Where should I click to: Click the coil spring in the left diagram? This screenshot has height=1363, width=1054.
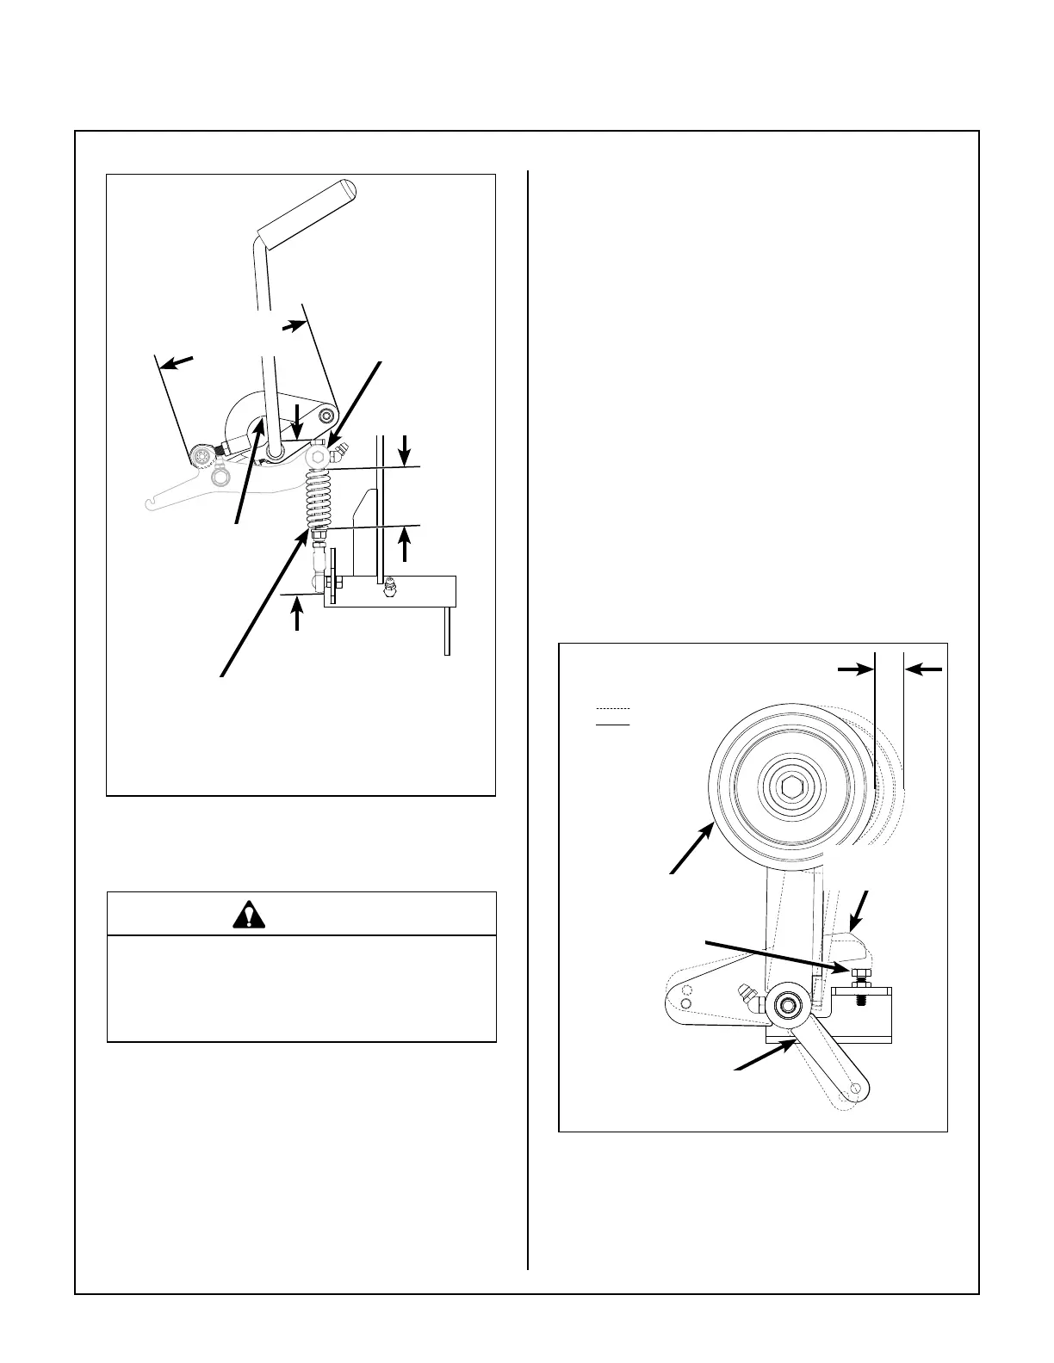pyautogui.click(x=318, y=498)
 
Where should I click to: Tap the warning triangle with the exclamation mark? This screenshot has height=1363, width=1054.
pyautogui.click(x=249, y=915)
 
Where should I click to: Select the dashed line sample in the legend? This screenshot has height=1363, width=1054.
pyautogui.click(x=613, y=708)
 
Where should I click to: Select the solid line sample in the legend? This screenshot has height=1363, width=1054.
pyautogui.click(x=613, y=725)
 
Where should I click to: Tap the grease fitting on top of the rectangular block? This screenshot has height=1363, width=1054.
pyautogui.click(x=389, y=587)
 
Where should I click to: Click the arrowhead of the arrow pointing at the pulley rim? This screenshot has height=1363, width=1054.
pyautogui.click(x=710, y=828)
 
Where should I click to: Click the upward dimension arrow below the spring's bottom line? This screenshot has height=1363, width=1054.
pyautogui.click(x=405, y=540)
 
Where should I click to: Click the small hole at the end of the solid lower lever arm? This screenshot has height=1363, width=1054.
pyautogui.click(x=857, y=1089)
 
